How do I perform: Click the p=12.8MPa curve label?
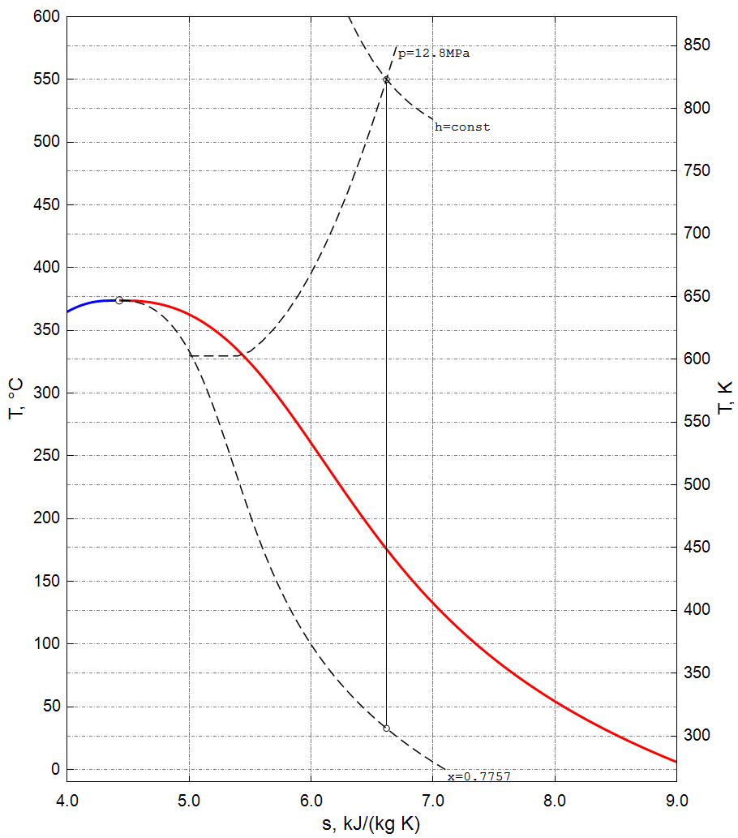(x=434, y=54)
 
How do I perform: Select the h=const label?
(x=462, y=127)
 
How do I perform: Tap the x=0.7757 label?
(x=478, y=777)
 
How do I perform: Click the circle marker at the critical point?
(x=119, y=300)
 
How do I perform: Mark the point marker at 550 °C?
(x=386, y=80)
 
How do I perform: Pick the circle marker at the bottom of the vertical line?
(x=386, y=728)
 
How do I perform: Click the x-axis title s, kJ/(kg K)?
(x=371, y=824)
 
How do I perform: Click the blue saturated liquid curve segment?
(x=89, y=303)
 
